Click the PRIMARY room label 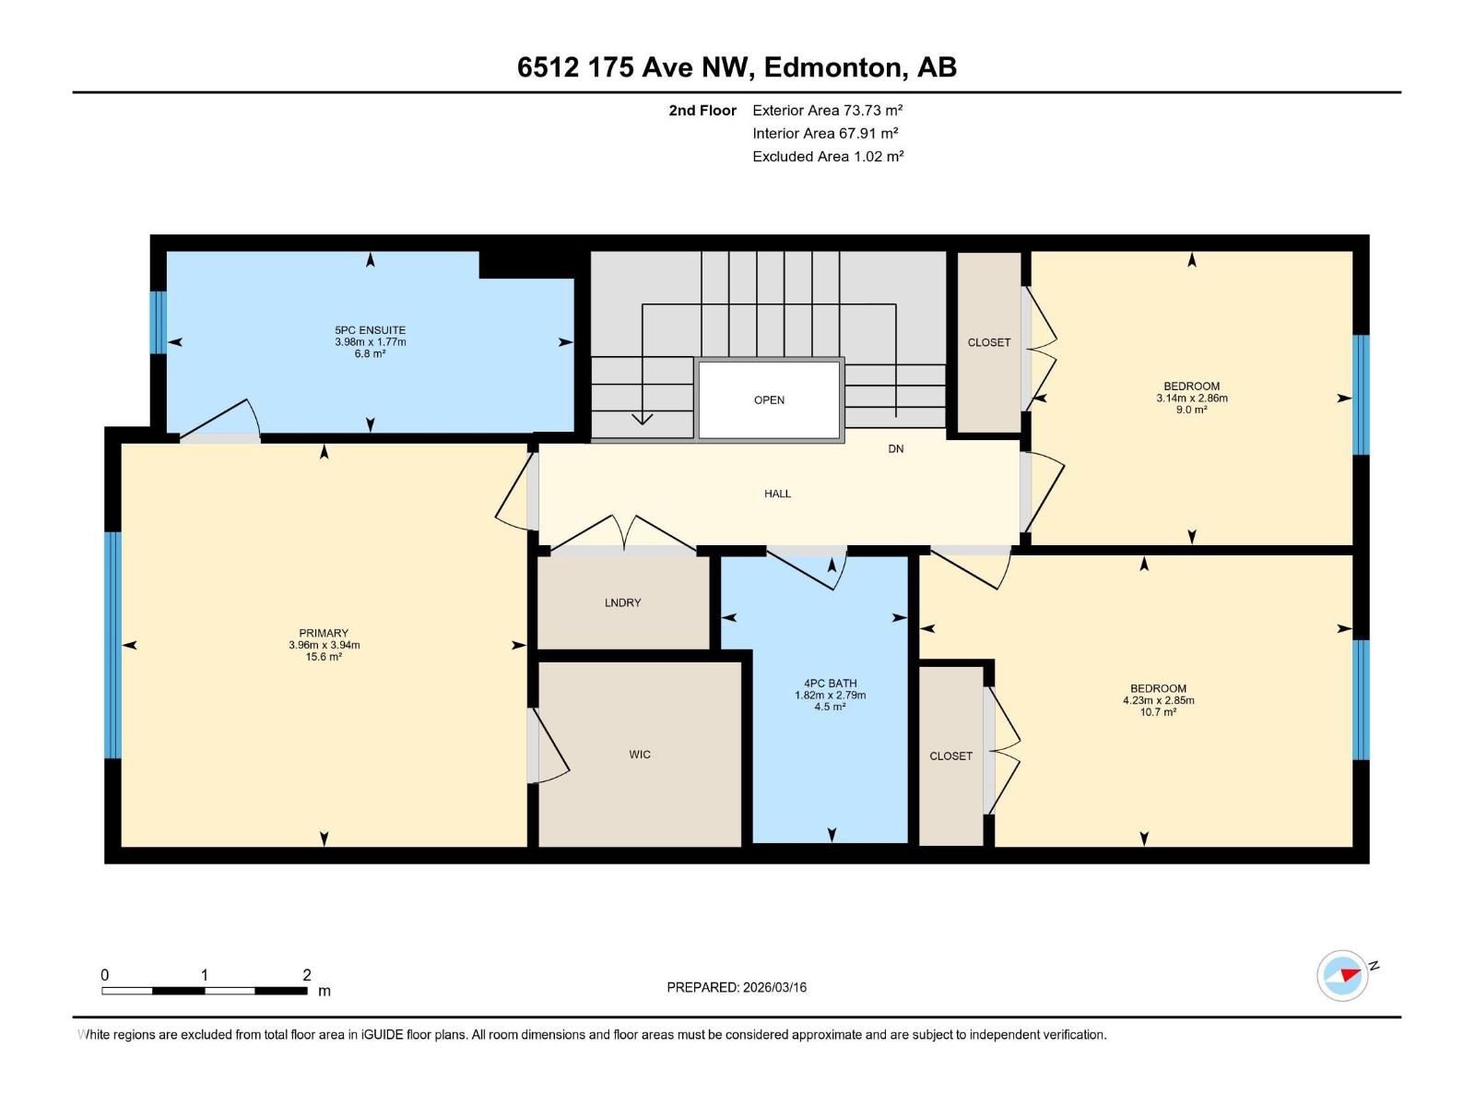324,634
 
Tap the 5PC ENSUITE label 370,330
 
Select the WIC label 640,755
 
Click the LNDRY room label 623,602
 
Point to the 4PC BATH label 830,684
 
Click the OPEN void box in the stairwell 769,399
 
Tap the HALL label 777,494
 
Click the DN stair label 896,449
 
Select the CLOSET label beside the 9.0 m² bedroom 989,342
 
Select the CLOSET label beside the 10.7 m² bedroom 950,756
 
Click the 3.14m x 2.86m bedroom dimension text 1191,399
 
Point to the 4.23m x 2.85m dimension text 1158,700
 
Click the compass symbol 1342,975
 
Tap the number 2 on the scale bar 307,975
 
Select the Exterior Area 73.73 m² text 827,110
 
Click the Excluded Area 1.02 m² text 827,157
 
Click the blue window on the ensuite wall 159,323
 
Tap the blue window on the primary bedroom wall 112,645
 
